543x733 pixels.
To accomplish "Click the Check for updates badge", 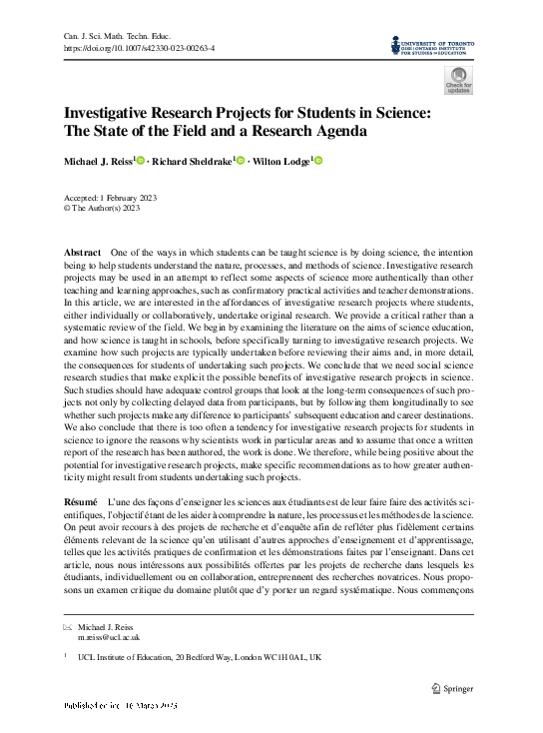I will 459,81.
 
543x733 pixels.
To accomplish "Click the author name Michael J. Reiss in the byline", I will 99,161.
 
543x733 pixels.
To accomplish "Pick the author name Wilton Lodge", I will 281,161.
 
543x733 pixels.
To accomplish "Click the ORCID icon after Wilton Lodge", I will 318,161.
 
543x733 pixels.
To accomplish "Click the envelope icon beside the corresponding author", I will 67,627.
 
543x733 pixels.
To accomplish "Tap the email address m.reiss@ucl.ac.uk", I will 109,636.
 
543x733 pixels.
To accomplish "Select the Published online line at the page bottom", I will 120,706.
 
